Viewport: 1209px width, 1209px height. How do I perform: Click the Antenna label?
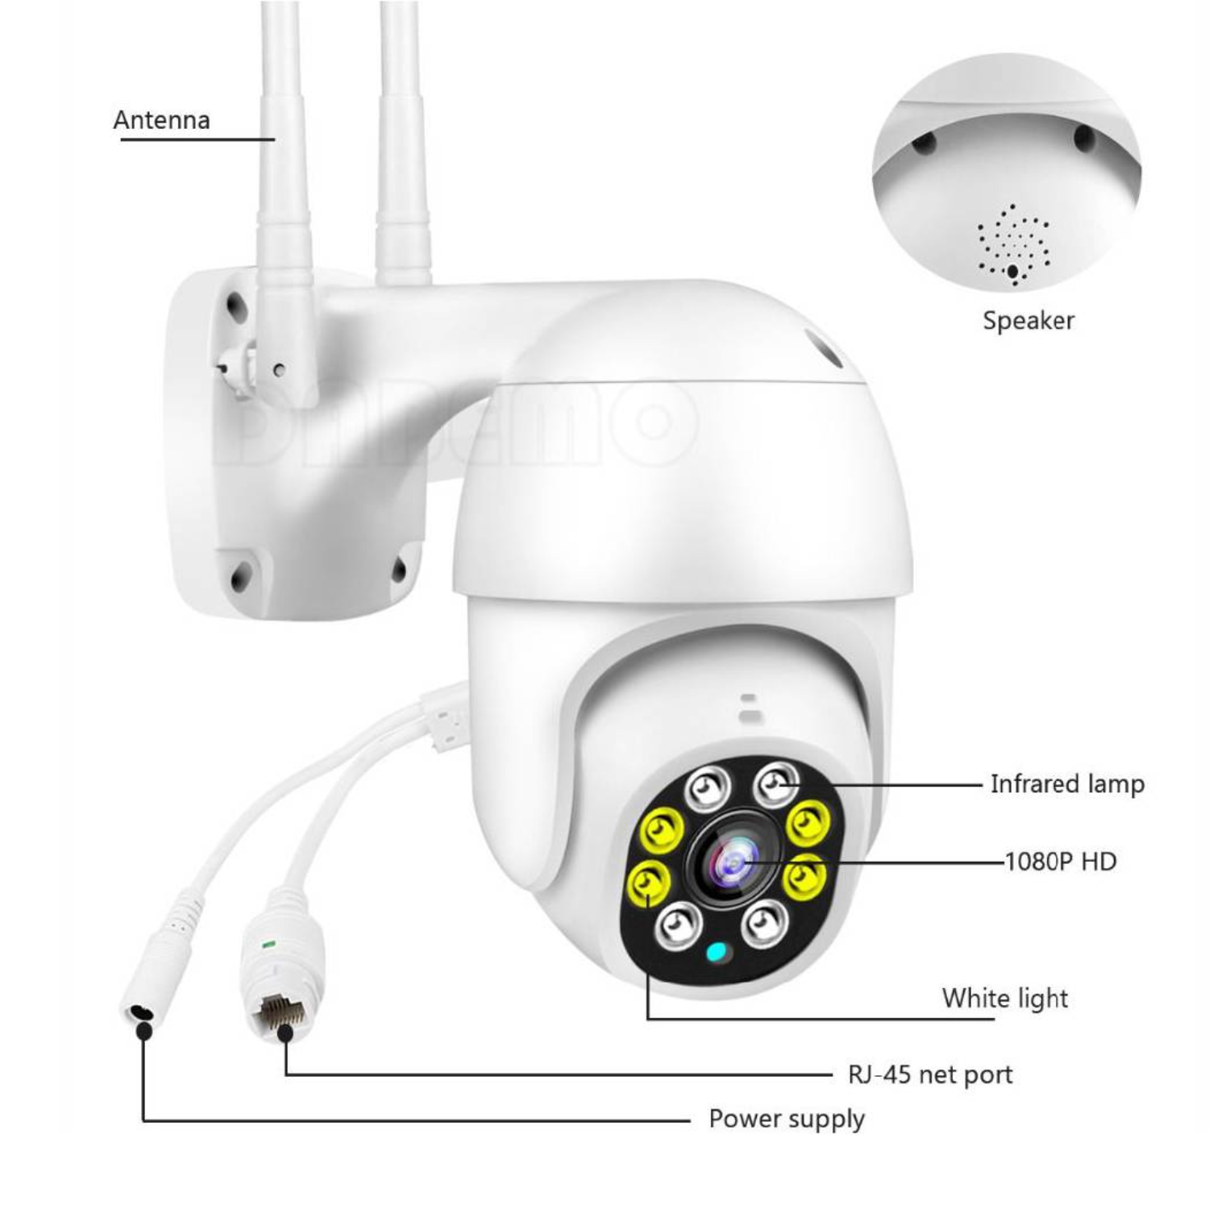161,120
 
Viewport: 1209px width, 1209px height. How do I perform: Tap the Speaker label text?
1028,321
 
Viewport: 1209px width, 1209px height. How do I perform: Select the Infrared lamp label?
1066,784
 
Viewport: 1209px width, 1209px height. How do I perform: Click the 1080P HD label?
1061,862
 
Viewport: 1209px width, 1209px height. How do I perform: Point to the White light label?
1004,999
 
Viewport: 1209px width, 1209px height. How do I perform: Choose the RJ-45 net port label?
930,1074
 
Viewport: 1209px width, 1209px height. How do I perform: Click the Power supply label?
787,1119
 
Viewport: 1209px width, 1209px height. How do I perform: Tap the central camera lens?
733,865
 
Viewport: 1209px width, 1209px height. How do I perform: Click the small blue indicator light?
716,953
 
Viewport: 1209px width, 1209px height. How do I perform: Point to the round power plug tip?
139,1012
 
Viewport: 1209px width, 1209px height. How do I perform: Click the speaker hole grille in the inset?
1014,243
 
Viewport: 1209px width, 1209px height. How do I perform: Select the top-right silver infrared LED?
775,783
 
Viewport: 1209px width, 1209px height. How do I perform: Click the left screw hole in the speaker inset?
924,143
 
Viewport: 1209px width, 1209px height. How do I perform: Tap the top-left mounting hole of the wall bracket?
235,305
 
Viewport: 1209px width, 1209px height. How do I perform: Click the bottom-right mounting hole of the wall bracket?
398,570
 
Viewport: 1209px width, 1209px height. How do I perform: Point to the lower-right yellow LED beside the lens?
804,877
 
